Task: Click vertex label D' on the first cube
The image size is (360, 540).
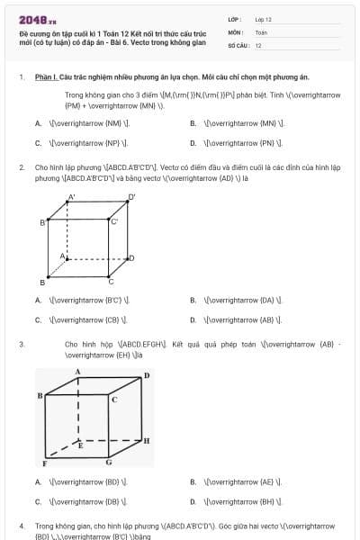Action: tap(131, 197)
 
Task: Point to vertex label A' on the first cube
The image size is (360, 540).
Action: tap(71, 197)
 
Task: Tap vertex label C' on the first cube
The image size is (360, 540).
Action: tap(114, 220)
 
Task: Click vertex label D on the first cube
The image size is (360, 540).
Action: tap(131, 258)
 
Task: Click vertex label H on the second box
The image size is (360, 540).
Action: tap(147, 440)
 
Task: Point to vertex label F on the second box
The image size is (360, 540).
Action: tap(44, 463)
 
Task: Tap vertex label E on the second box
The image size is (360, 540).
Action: tap(80, 445)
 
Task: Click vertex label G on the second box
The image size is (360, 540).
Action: tap(109, 463)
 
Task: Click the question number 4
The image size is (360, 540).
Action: tap(22, 525)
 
